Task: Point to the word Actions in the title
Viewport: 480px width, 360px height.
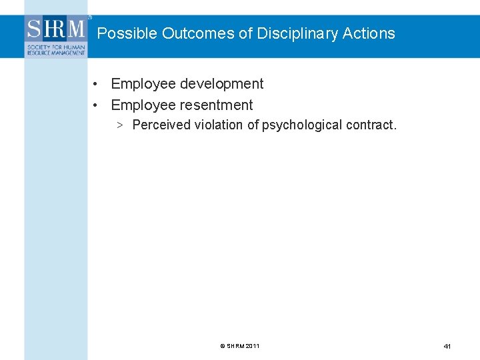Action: click(x=370, y=33)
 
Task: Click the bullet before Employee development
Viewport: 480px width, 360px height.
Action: click(x=97, y=84)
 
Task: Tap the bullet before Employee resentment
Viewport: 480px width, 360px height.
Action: click(x=97, y=105)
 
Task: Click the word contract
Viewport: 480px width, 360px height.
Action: click(x=371, y=125)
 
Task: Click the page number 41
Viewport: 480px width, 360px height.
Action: click(x=447, y=347)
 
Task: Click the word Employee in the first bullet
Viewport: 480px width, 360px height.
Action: click(x=141, y=84)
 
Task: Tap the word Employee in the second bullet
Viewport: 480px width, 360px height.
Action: click(x=141, y=105)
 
